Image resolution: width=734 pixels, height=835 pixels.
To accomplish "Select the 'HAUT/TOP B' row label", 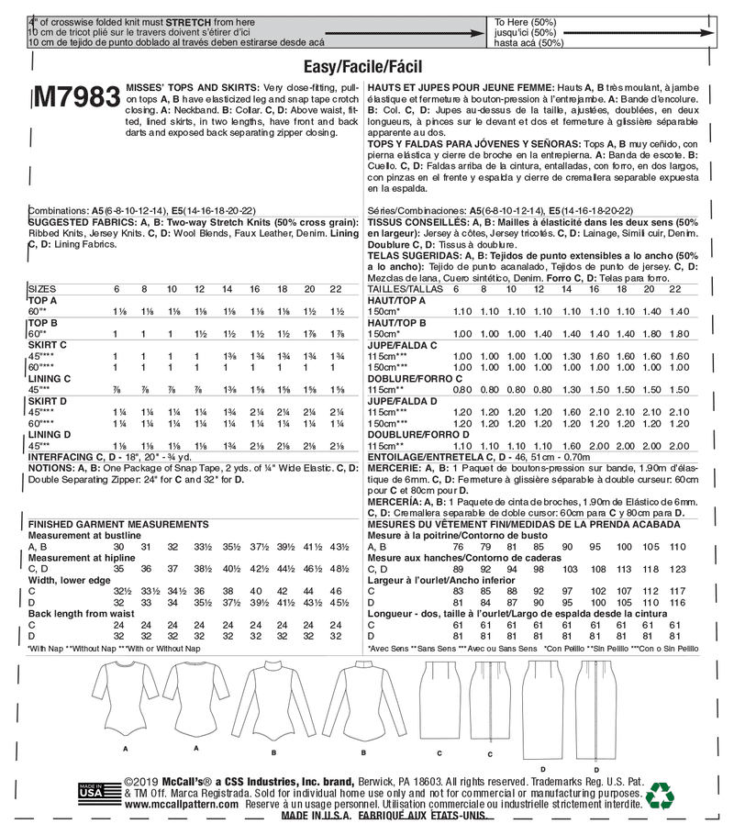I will pyautogui.click(x=396, y=324).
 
